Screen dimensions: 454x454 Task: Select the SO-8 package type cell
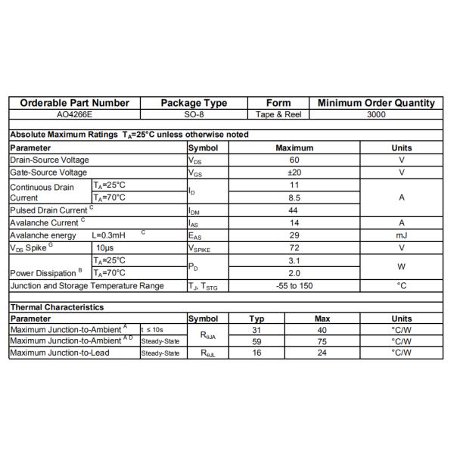coord(194,115)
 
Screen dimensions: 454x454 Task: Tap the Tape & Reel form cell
coord(278,115)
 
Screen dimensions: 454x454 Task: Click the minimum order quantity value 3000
coord(376,115)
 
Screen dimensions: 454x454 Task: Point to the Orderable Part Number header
coord(74,103)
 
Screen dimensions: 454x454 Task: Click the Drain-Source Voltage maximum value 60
coord(294,160)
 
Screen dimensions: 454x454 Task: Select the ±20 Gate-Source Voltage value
coord(294,173)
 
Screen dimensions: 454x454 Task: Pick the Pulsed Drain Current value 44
coord(294,210)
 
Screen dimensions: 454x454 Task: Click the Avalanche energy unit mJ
coord(402,235)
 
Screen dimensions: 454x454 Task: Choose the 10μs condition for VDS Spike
coord(104,247)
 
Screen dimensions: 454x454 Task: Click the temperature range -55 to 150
coord(294,285)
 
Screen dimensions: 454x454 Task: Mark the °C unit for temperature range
coord(402,285)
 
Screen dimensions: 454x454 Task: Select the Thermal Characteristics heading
coord(57,307)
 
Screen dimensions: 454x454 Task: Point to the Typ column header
coord(257,319)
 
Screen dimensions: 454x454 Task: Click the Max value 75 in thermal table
coord(322,341)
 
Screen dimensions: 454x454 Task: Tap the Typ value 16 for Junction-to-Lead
coord(257,353)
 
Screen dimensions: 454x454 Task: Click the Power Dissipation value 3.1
coord(294,260)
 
